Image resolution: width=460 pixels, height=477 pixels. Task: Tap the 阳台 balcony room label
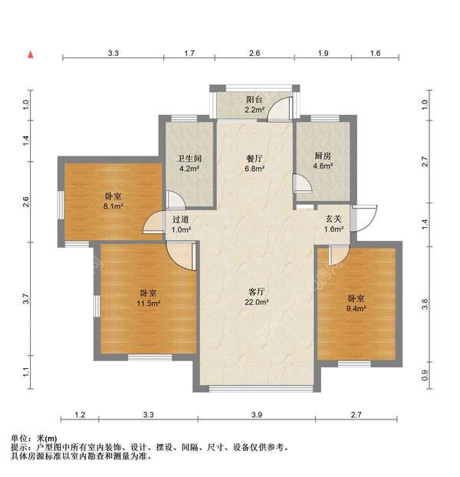tap(254, 100)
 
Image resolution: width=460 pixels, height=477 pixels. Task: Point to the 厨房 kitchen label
tap(323, 156)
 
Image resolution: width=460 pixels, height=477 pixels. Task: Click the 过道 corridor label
tap(181, 219)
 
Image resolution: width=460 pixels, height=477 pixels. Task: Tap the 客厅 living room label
tap(256, 291)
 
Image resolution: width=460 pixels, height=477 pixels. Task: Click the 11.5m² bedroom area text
tap(149, 303)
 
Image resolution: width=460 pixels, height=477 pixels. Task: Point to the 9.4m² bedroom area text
tap(356, 309)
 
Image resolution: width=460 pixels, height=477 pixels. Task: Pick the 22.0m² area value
tap(256, 302)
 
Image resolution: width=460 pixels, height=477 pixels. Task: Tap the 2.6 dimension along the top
tap(255, 54)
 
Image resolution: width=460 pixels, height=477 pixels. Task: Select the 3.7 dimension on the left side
tap(26, 300)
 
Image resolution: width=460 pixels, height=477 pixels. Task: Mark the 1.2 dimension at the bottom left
tap(79, 415)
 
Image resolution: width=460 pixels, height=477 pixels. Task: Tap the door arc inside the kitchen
tap(301, 183)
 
